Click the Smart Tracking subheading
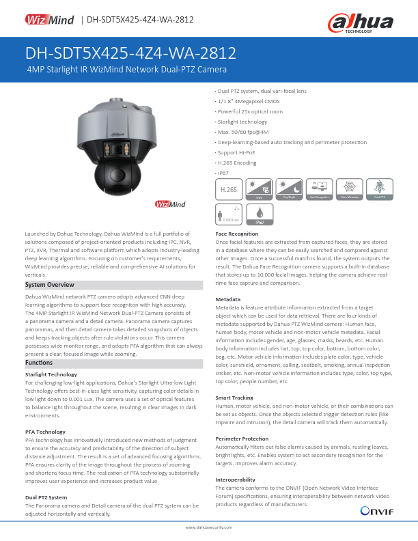click(x=234, y=397)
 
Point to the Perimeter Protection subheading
click(x=242, y=438)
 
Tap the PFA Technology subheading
click(x=45, y=432)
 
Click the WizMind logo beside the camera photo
click(x=169, y=205)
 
